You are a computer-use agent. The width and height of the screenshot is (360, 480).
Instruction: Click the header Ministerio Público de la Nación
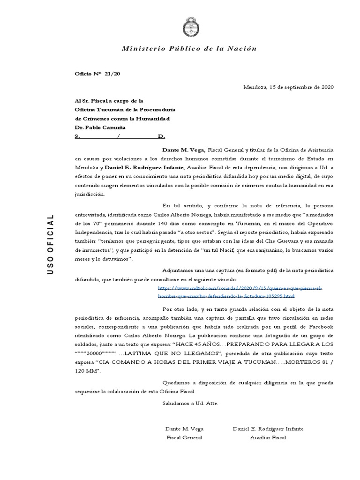(189, 49)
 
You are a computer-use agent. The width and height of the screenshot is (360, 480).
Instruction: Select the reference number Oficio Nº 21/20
(94, 74)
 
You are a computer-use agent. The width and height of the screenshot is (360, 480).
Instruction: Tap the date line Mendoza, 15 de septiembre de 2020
(288, 87)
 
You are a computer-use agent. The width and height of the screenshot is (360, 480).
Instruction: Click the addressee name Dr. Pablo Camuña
(100, 127)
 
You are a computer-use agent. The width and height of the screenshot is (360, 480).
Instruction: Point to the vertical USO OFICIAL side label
(51, 243)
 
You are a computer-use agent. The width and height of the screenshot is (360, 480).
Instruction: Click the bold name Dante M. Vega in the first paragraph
(184, 150)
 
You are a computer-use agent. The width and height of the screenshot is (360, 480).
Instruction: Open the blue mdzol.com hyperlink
(240, 292)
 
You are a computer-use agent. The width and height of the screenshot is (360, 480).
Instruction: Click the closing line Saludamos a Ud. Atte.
(190, 403)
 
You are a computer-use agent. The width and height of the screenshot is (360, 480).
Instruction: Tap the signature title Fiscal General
(184, 437)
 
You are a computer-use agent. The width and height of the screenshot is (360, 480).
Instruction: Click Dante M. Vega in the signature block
(184, 429)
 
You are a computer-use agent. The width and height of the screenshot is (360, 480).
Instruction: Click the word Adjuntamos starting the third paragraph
(178, 271)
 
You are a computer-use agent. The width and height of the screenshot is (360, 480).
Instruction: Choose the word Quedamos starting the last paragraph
(176, 383)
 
